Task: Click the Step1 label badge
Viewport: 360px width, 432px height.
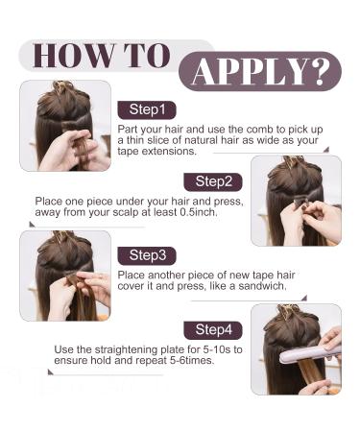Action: point(147,109)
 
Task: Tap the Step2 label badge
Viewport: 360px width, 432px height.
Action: point(213,181)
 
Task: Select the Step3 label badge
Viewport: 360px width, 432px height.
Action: point(147,255)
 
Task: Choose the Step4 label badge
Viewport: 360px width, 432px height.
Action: point(213,330)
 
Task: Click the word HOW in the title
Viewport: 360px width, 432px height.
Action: point(74,55)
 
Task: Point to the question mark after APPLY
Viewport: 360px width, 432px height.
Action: point(322,71)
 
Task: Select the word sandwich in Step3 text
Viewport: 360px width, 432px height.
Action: point(262,286)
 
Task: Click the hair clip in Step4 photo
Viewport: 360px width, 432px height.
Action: point(289,310)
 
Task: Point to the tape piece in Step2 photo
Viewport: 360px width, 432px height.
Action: point(300,202)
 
